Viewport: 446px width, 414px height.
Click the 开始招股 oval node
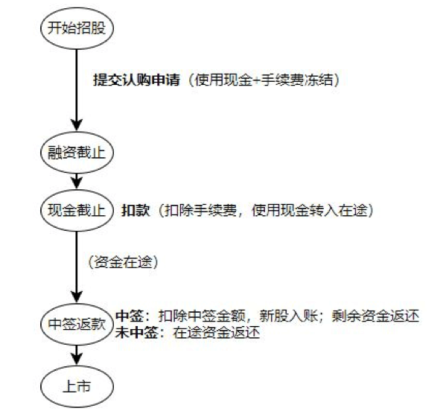click(x=77, y=28)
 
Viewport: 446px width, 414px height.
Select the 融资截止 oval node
click(x=77, y=153)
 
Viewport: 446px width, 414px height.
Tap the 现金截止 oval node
click(x=77, y=211)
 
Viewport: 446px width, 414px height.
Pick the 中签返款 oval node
click(x=77, y=324)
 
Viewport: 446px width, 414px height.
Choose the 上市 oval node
click(x=77, y=386)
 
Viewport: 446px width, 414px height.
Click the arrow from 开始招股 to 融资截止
click(x=77, y=90)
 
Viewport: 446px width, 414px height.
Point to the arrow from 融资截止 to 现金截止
click(x=77, y=182)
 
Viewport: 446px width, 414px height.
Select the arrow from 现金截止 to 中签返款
click(x=77, y=267)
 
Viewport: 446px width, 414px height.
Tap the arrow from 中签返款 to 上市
click(x=77, y=355)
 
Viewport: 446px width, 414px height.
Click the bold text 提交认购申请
click(x=137, y=80)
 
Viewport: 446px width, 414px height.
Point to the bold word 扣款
click(x=136, y=211)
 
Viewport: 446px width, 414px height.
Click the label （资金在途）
click(x=123, y=262)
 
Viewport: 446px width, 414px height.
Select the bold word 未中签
click(x=136, y=332)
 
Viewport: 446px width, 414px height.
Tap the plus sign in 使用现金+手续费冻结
click(x=257, y=80)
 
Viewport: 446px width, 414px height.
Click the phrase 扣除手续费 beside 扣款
click(x=200, y=211)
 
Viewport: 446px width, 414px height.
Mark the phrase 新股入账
click(x=288, y=316)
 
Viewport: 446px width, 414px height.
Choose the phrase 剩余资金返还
click(x=375, y=316)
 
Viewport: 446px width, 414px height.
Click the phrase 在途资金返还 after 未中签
click(x=217, y=332)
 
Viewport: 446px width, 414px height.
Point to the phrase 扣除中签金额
click(x=202, y=316)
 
